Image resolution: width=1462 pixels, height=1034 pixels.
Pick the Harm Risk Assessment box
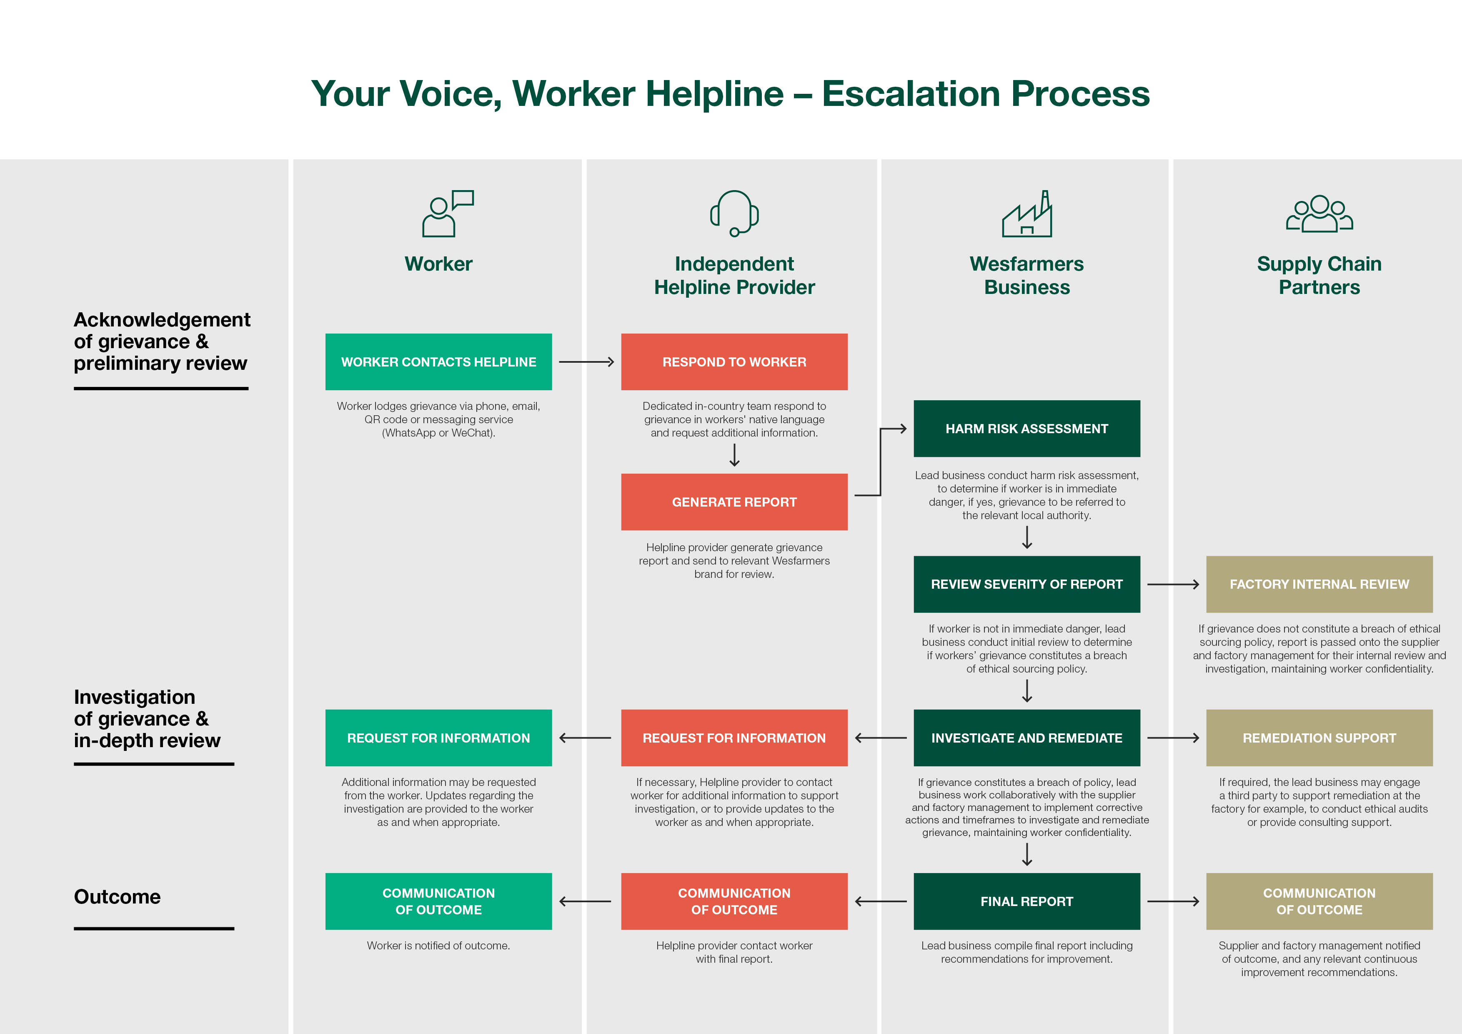1026,428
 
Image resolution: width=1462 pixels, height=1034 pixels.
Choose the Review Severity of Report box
1026,584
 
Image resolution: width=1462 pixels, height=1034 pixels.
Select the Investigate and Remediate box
1026,737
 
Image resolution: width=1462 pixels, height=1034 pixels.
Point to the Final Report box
1026,901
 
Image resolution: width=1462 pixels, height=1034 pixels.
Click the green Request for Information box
438,737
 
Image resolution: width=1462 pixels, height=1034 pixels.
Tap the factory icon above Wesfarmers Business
1026,215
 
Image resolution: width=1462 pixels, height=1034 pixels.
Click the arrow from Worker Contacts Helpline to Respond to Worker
586,362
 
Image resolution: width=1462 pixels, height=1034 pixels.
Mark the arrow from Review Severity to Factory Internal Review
1173,584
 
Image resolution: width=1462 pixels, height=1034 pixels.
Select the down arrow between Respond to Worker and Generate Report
734,455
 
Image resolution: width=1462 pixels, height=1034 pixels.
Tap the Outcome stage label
117,896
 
